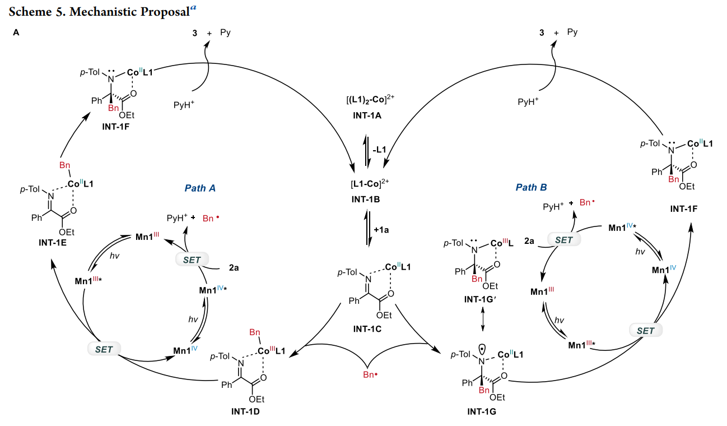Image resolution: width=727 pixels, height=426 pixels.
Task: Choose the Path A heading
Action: pos(200,188)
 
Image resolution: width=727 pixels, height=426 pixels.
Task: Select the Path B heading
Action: pos(532,187)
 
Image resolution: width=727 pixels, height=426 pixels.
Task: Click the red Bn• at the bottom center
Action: pos(367,373)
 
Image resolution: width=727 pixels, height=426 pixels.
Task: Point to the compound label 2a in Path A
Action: pos(234,268)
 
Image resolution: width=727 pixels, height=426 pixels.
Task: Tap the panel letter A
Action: pos(16,33)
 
